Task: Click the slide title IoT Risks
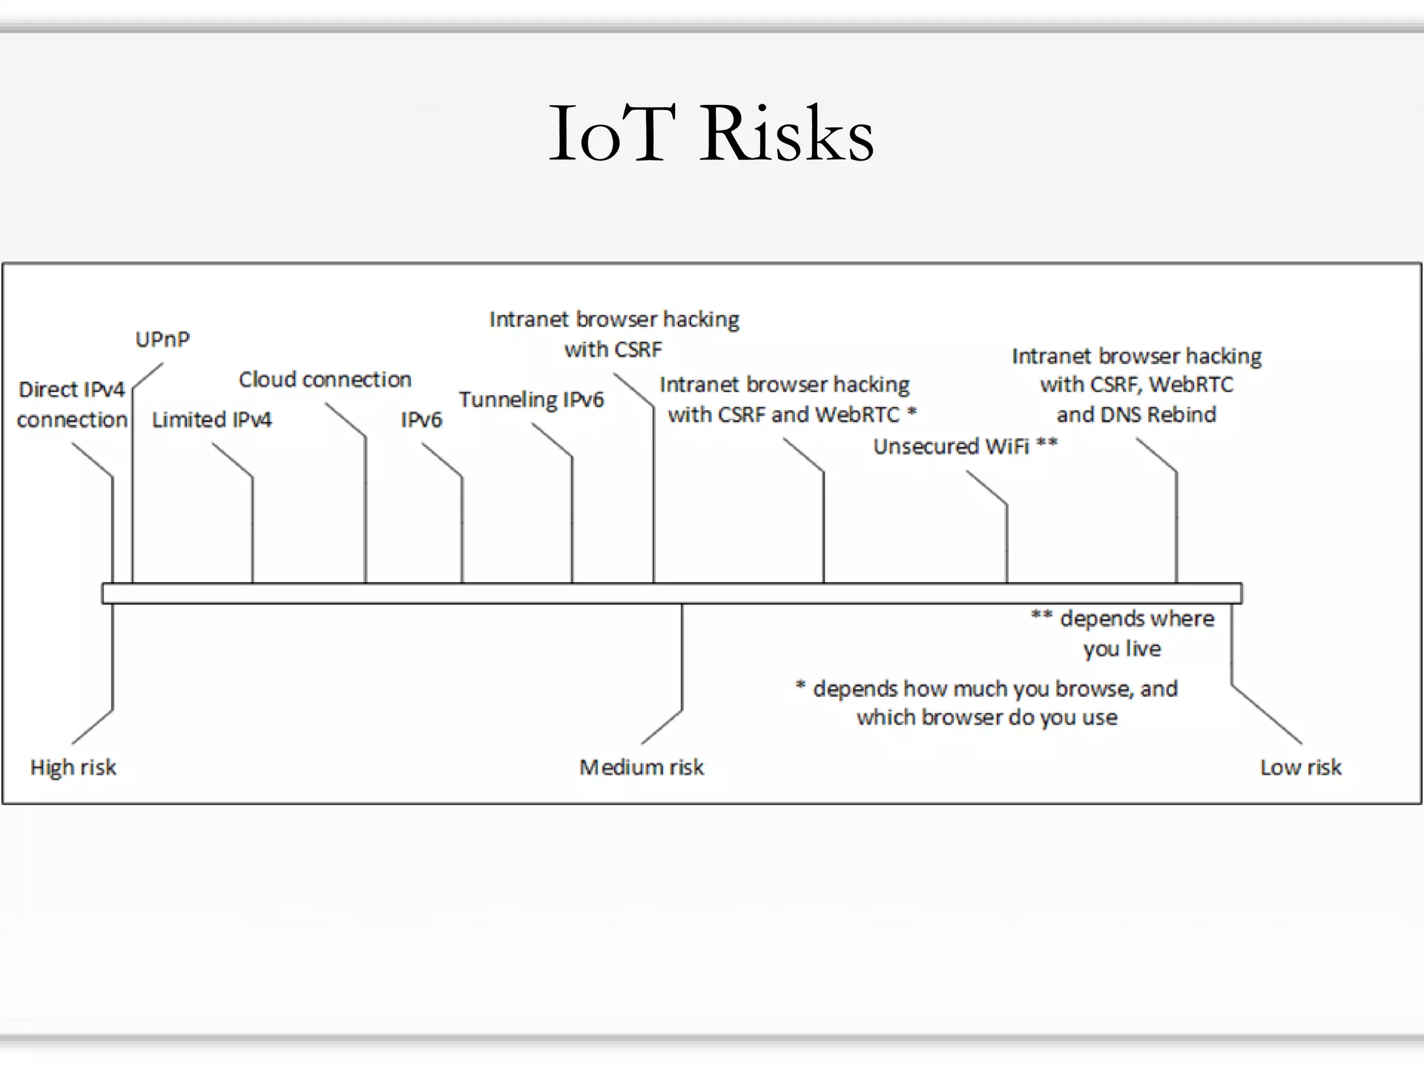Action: [711, 133]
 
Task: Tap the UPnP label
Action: [162, 339]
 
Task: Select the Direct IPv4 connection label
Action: [72, 404]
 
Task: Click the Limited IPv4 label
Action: [211, 419]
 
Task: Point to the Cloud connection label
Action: [325, 380]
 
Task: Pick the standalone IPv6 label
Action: [421, 419]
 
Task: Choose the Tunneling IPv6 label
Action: [531, 400]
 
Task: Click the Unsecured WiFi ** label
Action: [965, 446]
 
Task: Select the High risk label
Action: [73, 767]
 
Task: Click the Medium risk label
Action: [641, 767]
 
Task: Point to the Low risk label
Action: [1300, 767]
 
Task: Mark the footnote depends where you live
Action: [1123, 633]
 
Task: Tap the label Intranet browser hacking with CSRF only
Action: [614, 334]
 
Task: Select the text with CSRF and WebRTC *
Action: [792, 415]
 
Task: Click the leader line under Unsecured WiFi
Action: [1006, 542]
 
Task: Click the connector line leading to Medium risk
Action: [681, 657]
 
